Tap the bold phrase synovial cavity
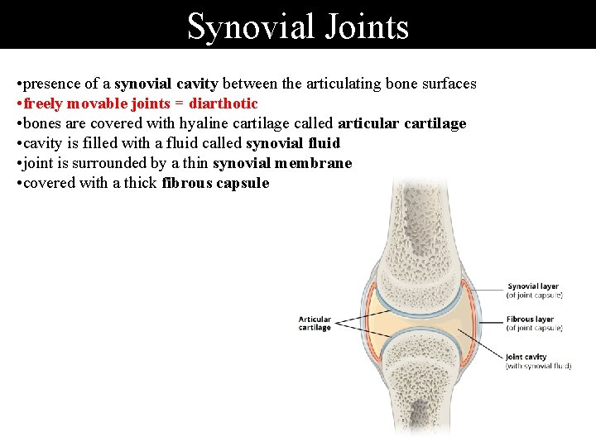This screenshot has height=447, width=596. click(x=165, y=84)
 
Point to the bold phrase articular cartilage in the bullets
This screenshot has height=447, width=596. click(x=402, y=123)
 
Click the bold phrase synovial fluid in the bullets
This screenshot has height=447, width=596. click(x=293, y=143)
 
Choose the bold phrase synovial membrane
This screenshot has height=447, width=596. click(x=282, y=163)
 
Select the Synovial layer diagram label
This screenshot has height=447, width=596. click(x=533, y=287)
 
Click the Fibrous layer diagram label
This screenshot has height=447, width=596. click(x=531, y=320)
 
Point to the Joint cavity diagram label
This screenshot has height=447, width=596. click(x=527, y=358)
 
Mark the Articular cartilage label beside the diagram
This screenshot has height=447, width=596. click(x=315, y=323)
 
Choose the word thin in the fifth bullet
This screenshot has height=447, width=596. click(x=194, y=163)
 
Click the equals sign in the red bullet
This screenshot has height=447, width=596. click(x=179, y=103)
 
